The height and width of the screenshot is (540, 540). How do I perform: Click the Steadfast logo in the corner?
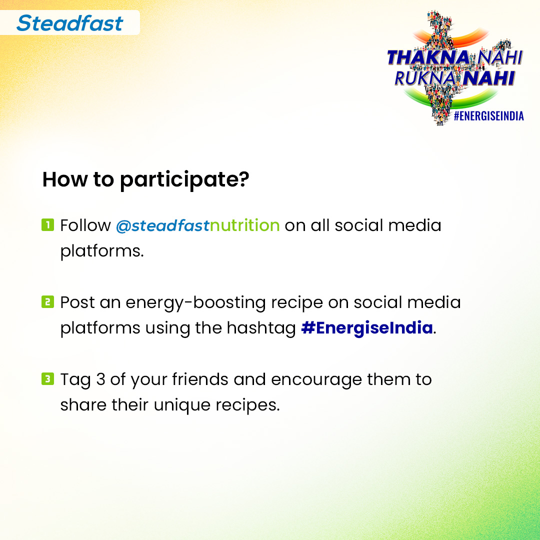click(x=69, y=23)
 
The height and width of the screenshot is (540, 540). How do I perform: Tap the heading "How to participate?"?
click(x=145, y=180)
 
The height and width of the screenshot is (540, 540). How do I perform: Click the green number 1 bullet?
click(x=47, y=224)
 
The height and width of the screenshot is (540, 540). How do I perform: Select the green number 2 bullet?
click(x=47, y=301)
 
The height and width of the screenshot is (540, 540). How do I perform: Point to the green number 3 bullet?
click(x=47, y=378)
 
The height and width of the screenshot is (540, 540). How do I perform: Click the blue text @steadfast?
click(x=162, y=225)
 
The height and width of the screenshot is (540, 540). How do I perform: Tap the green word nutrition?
click(x=244, y=225)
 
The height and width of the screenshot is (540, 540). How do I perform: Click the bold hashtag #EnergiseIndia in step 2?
click(x=367, y=328)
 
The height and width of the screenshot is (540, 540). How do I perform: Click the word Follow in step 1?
click(x=85, y=225)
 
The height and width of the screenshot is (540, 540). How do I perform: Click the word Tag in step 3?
click(x=75, y=379)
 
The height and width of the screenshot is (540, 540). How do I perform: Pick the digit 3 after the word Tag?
click(x=100, y=379)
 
